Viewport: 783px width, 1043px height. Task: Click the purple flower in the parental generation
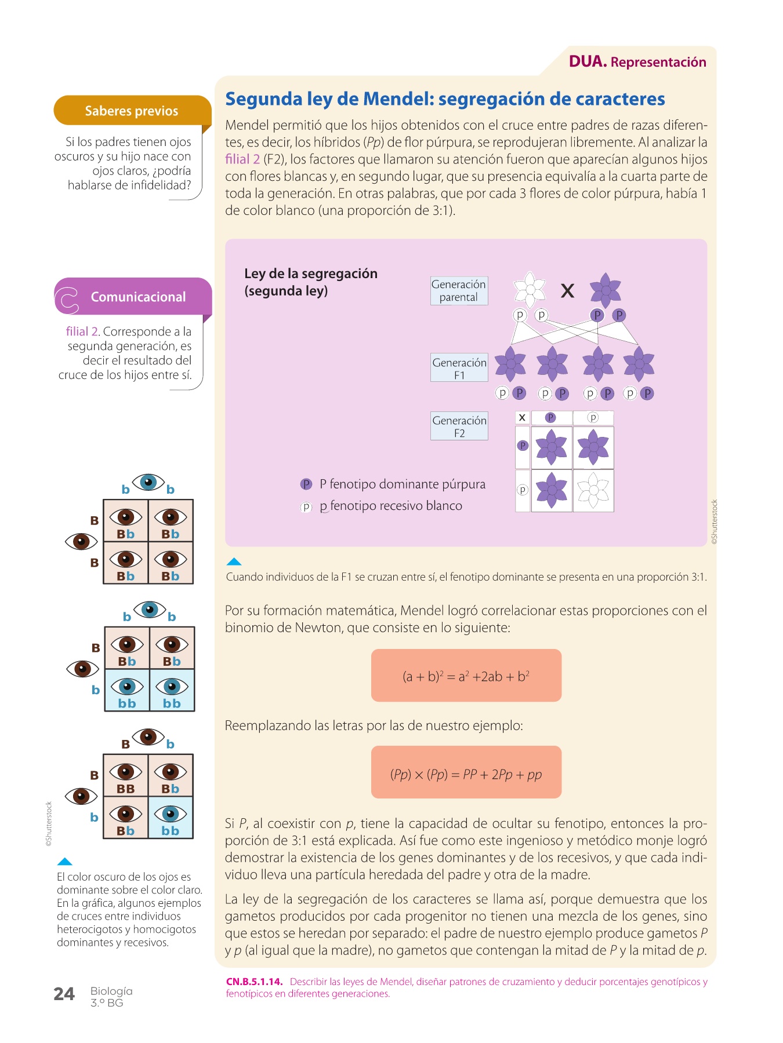click(x=606, y=289)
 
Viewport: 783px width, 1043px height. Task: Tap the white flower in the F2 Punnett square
click(x=593, y=491)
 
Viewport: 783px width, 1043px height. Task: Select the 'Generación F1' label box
click(x=459, y=368)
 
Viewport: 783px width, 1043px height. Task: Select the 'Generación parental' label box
click(x=459, y=290)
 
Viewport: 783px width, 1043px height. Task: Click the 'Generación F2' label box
click(x=459, y=426)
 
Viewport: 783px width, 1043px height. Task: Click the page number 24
click(x=64, y=994)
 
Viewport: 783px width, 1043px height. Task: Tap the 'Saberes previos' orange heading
click(x=132, y=111)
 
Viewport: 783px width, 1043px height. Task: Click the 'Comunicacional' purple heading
click(x=138, y=297)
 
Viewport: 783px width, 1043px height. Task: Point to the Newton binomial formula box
click(x=466, y=676)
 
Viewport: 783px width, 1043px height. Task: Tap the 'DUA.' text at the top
click(x=588, y=61)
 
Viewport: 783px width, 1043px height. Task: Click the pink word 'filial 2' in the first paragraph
click(x=242, y=159)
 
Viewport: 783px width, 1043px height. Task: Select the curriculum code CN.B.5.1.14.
click(x=254, y=982)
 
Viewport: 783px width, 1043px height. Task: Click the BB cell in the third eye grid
click(x=126, y=776)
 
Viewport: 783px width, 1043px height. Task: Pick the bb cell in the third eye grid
click(x=171, y=818)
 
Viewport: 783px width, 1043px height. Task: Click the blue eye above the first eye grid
click(x=148, y=482)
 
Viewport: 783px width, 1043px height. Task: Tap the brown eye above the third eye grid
click(x=148, y=736)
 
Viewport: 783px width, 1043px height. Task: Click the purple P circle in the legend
click(x=306, y=484)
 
